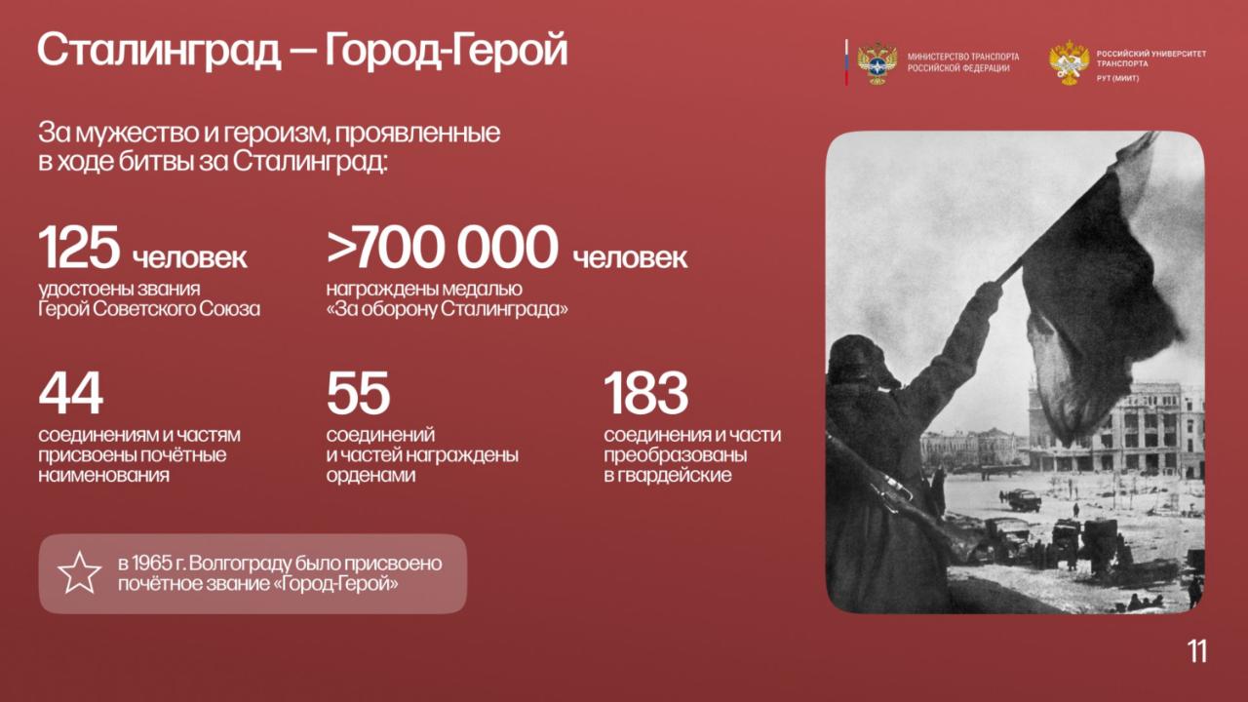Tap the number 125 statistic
(79, 247)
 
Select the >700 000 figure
(443, 247)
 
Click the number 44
(71, 393)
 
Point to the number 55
(358, 393)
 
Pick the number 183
(646, 393)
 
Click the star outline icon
(80, 572)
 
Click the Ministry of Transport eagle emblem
(877, 63)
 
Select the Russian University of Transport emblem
(1070, 62)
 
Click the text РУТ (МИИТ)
(1117, 79)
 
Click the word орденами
(371, 475)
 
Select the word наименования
(103, 475)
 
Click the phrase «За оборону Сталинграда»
(448, 309)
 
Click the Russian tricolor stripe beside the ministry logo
(846, 62)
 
